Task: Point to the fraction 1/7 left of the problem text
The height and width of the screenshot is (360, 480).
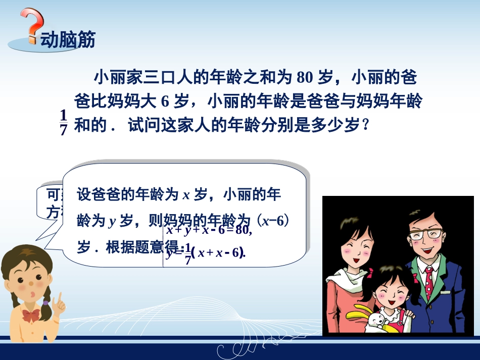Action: tap(64, 123)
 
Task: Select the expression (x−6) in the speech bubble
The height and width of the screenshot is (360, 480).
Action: tap(275, 221)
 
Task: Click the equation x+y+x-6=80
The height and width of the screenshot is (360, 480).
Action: tap(209, 230)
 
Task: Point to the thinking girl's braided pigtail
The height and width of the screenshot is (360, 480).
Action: tap(48, 303)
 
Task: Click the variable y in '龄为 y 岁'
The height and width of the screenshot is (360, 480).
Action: tap(112, 221)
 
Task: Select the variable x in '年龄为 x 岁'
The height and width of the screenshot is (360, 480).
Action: tap(186, 195)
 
